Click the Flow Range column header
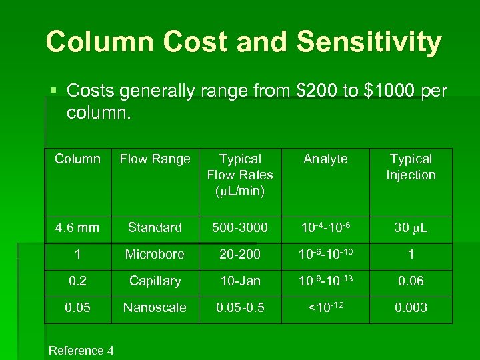[x=155, y=159]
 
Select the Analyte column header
[x=325, y=159]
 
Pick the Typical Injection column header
[x=411, y=167]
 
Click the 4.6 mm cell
[x=77, y=228]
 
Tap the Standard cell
[x=155, y=228]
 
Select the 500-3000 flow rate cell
[x=240, y=228]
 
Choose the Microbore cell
[x=155, y=255]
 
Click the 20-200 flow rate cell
[x=240, y=255]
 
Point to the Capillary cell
[x=155, y=281]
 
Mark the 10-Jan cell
[x=240, y=281]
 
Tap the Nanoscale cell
[x=155, y=308]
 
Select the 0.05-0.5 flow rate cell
[x=240, y=308]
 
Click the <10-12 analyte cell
[x=325, y=307]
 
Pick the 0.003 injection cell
[x=411, y=308]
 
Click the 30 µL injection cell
[x=411, y=228]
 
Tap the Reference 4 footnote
[x=81, y=351]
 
